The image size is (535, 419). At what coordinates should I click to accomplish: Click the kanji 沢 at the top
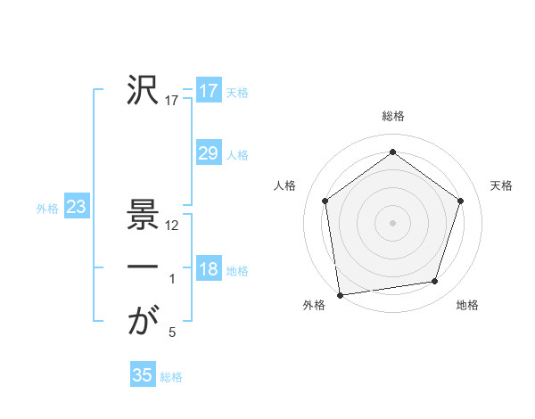pyautogui.click(x=143, y=90)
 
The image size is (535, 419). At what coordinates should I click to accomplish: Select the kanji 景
pyautogui.click(x=143, y=215)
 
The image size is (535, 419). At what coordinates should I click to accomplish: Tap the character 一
pyautogui.click(x=143, y=268)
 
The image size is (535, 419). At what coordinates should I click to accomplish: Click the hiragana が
pyautogui.click(x=143, y=322)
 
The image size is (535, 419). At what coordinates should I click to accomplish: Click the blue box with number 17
pyautogui.click(x=208, y=91)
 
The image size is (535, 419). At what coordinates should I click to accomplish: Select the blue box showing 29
pyautogui.click(x=208, y=153)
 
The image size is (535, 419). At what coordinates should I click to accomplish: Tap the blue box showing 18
pyautogui.click(x=208, y=269)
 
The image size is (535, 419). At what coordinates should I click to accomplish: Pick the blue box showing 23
pyautogui.click(x=76, y=208)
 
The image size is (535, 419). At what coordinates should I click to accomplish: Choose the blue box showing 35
pyautogui.click(x=143, y=375)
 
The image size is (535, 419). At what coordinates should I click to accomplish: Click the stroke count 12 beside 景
pyautogui.click(x=173, y=226)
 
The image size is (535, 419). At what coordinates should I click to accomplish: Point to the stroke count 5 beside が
pyautogui.click(x=172, y=333)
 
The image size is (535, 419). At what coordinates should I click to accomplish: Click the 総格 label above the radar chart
pyautogui.click(x=393, y=116)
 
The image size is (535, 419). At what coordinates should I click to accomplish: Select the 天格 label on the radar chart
pyautogui.click(x=501, y=185)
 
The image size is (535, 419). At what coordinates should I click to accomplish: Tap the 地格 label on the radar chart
pyautogui.click(x=467, y=305)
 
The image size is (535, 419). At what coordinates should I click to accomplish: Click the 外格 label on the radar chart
pyautogui.click(x=314, y=305)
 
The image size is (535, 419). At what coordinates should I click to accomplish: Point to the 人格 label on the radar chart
pyautogui.click(x=284, y=185)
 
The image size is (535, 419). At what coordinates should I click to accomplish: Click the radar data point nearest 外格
pyautogui.click(x=340, y=294)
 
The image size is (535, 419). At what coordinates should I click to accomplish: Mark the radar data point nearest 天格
pyautogui.click(x=461, y=201)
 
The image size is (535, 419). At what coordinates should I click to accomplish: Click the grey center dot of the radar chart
pyautogui.click(x=392, y=222)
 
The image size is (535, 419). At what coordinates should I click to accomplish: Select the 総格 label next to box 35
pyautogui.click(x=171, y=377)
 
